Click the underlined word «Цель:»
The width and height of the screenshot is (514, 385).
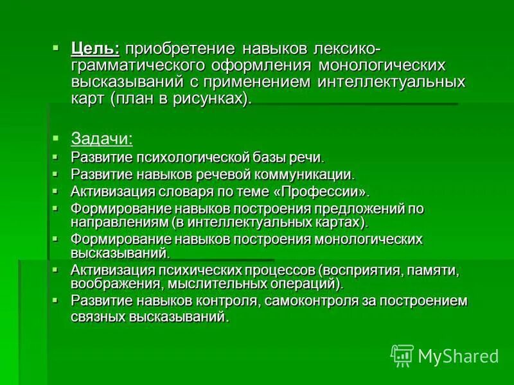[95, 50]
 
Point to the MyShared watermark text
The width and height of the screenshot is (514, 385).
[458, 356]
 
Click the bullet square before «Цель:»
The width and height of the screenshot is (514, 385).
[56, 47]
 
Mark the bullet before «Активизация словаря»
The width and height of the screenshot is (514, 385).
[56, 191]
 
